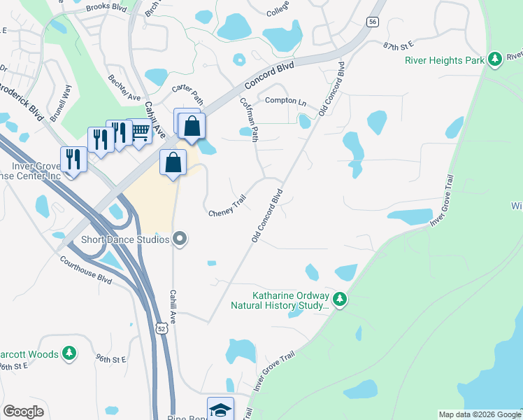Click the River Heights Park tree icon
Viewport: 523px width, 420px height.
(x=495, y=60)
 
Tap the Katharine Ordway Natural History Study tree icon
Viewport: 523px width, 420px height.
(x=340, y=300)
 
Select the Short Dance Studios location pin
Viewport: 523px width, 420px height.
(x=180, y=239)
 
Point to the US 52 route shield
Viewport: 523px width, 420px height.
(x=162, y=329)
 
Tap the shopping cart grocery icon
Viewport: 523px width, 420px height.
(x=141, y=132)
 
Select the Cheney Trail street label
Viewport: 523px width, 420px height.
(x=228, y=206)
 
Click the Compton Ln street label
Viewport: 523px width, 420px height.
(x=285, y=101)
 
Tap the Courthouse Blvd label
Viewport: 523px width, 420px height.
(x=86, y=269)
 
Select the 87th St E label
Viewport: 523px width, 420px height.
(x=399, y=45)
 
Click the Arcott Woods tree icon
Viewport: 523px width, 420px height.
(x=69, y=354)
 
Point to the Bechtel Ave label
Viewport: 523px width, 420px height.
(x=124, y=87)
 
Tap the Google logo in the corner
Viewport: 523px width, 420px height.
(x=23, y=412)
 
